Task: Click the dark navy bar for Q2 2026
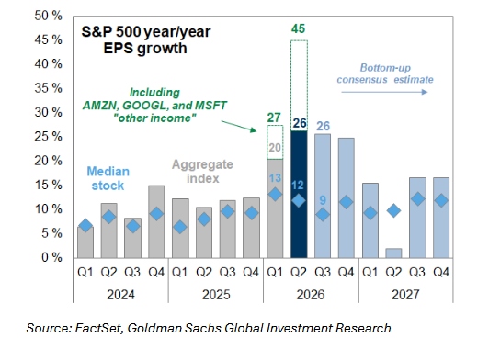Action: tap(299, 195)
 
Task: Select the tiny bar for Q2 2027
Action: tap(393, 253)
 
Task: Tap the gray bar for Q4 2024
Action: tap(156, 221)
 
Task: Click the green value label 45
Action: tap(298, 28)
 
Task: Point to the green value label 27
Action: tap(274, 118)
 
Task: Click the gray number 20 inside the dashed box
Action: tap(275, 147)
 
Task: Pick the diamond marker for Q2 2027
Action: tap(393, 210)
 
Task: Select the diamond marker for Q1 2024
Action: tap(85, 225)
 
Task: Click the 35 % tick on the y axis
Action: tap(48, 88)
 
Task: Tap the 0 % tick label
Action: tap(51, 257)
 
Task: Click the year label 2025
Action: tap(216, 295)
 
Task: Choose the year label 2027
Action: tap(405, 295)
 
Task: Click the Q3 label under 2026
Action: tap(323, 272)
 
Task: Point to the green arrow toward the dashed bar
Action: tap(239, 126)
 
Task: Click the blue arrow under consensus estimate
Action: tap(384, 92)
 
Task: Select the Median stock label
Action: tap(108, 178)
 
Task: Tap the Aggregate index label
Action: tap(203, 172)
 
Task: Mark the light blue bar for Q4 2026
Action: tap(347, 198)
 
